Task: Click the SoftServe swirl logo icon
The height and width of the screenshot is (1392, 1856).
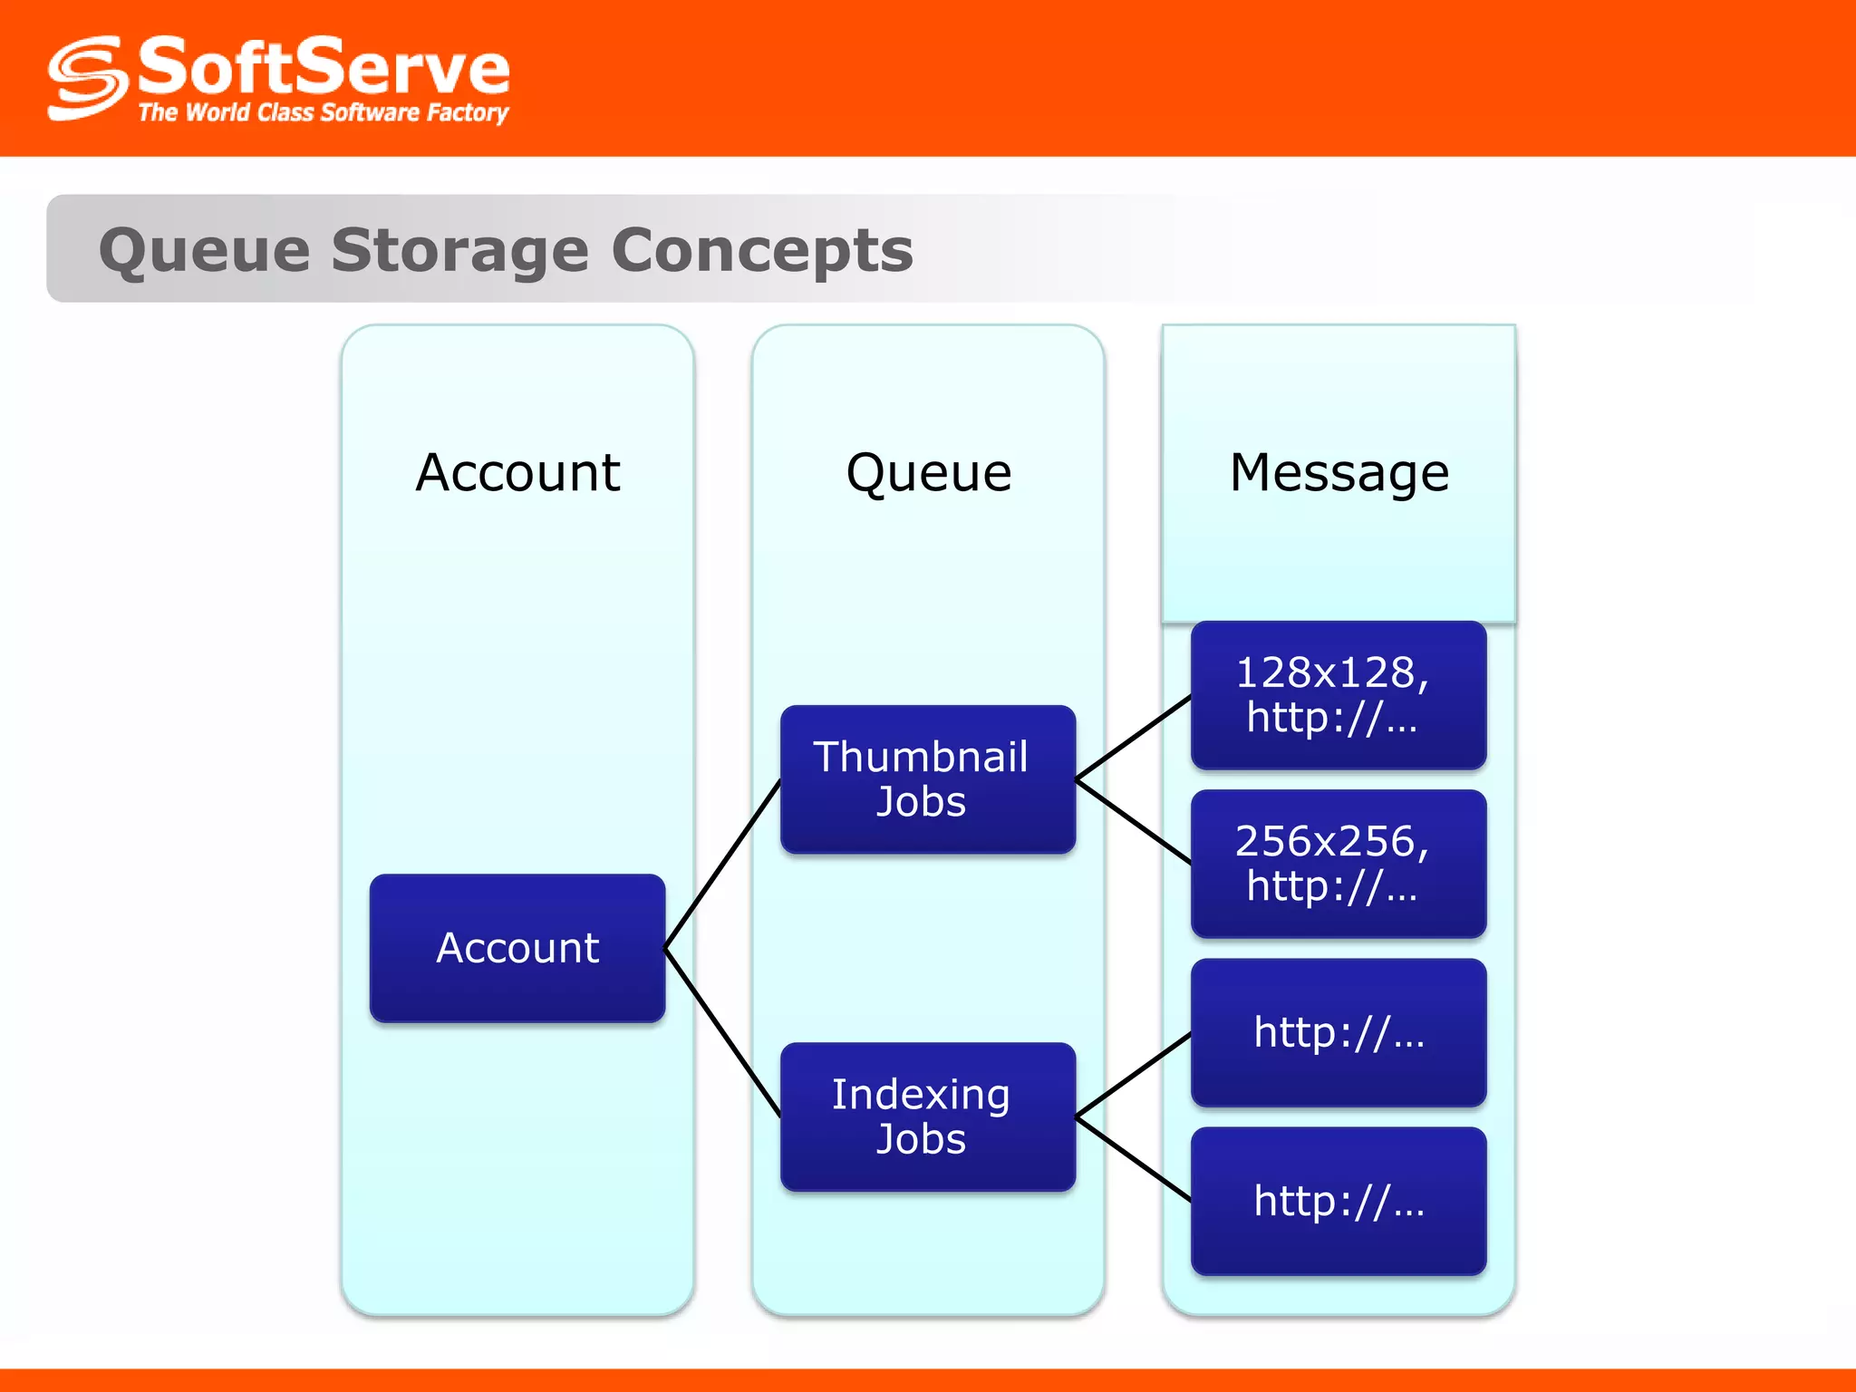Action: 86,78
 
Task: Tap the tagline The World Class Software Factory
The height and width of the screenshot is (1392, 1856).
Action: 324,113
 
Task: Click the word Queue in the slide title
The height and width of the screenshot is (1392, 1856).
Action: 204,250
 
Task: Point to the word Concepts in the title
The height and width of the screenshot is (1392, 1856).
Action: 761,250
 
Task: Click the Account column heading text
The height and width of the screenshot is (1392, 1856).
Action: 517,472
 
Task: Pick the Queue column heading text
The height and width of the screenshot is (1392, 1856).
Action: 928,472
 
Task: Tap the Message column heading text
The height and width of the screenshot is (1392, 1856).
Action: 1339,472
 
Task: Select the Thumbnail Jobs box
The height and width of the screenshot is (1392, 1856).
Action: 928,779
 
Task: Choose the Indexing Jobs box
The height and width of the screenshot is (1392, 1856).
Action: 928,1116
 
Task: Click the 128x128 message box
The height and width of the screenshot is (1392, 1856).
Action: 1339,695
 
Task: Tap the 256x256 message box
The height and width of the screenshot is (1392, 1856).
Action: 1339,864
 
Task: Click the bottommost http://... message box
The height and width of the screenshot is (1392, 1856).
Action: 1339,1201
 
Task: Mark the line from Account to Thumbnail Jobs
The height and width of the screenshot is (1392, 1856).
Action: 722,864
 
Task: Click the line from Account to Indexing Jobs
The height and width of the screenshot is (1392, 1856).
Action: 722,1032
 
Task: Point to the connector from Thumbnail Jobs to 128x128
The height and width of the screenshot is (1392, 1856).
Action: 1133,738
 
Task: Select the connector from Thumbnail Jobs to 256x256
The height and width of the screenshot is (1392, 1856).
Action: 1133,821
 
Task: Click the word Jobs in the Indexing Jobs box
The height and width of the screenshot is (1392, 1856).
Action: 921,1139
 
